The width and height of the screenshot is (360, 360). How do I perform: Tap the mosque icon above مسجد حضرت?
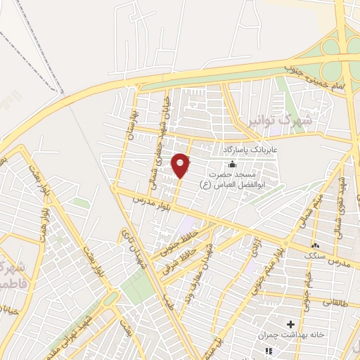(x=232, y=163)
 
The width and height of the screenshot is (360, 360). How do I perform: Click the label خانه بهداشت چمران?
(x=294, y=335)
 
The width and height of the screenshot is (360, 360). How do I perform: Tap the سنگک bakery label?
(x=313, y=256)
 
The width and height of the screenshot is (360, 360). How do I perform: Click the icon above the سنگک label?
(x=314, y=245)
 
